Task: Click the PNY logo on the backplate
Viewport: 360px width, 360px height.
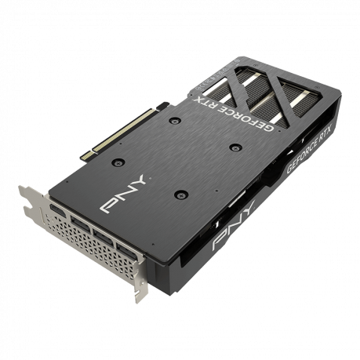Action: pos(123,194)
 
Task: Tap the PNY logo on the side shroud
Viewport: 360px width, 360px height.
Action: pos(234,225)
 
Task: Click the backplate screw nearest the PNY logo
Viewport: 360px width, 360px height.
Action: pos(118,162)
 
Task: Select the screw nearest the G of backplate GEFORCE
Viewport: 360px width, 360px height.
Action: pos(236,147)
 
